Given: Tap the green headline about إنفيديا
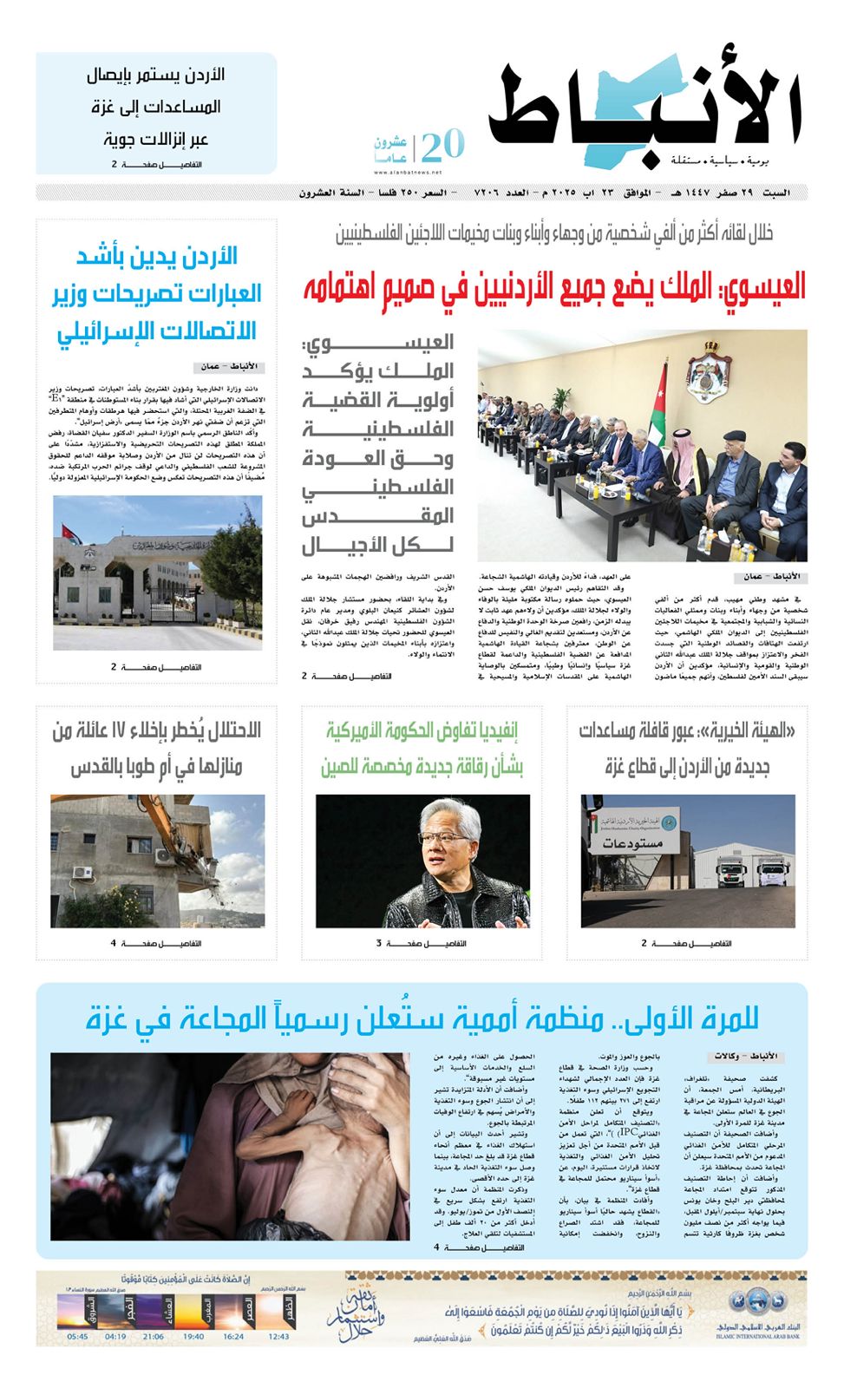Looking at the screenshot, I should click(x=422, y=749).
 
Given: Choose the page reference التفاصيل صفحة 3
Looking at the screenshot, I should click(x=422, y=944).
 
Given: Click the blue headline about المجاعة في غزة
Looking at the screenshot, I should click(x=422, y=1018).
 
